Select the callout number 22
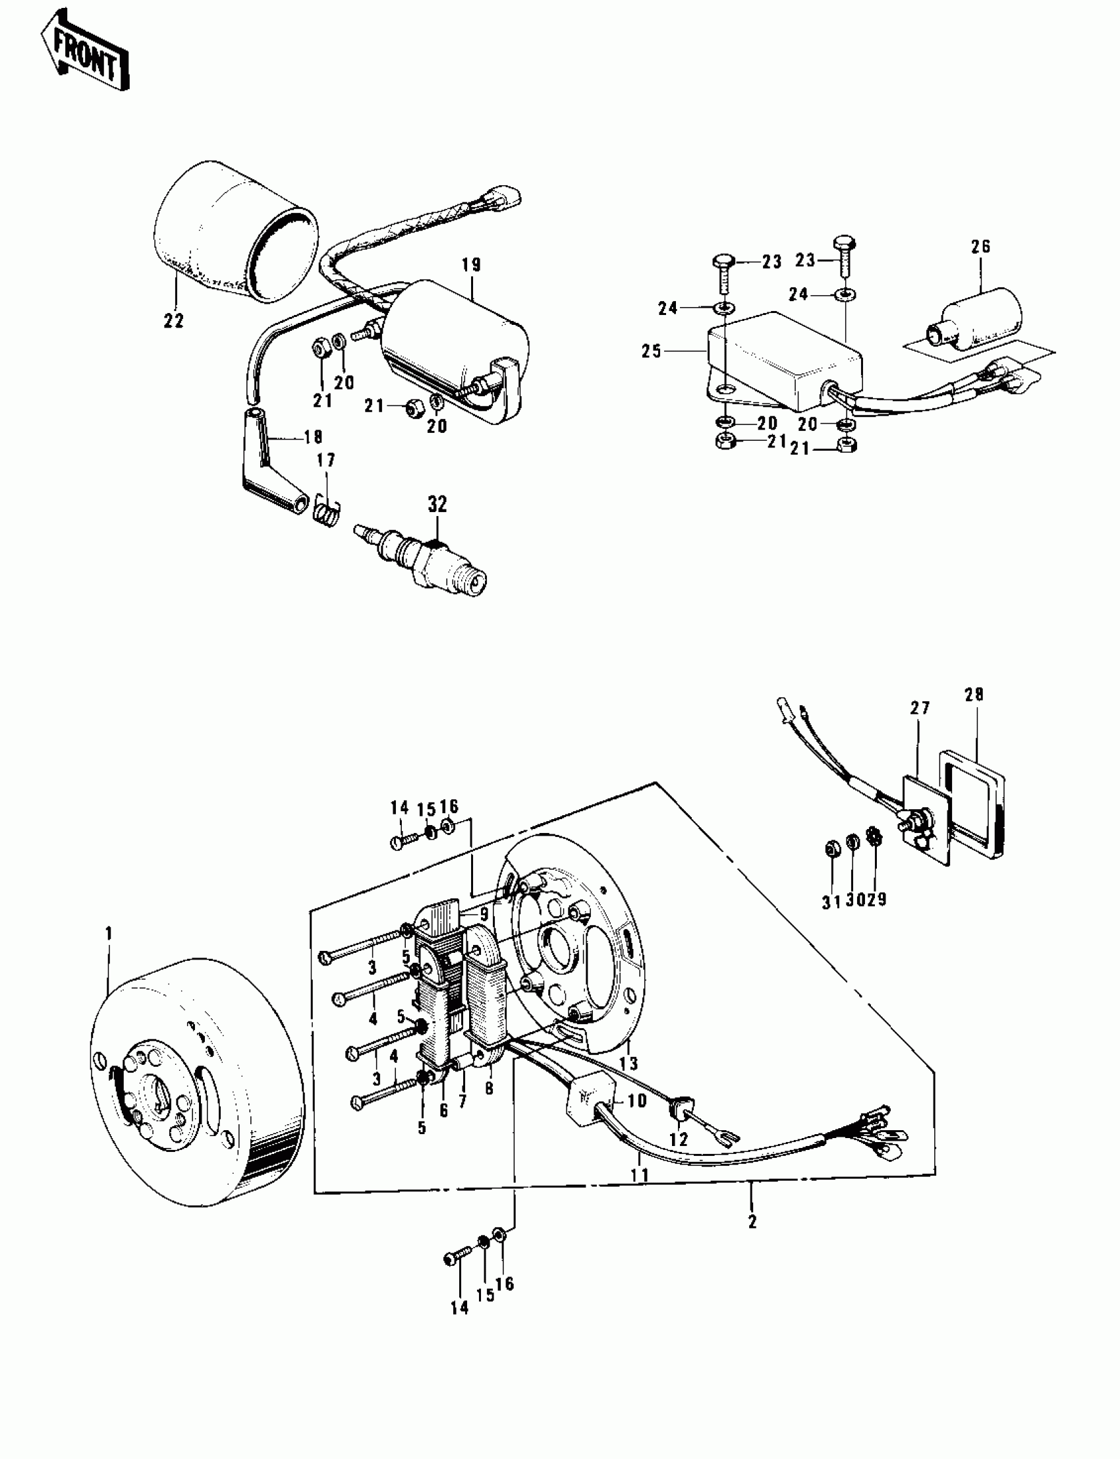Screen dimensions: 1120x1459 click(174, 320)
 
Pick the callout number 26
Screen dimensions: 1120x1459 click(981, 246)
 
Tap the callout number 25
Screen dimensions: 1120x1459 click(652, 351)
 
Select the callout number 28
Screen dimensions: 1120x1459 click(974, 695)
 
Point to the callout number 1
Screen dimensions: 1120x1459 click(109, 934)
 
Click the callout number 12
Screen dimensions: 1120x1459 click(678, 1140)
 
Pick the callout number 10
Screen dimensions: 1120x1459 click(636, 1101)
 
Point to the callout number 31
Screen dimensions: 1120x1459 click(830, 900)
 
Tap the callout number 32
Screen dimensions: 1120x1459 click(437, 504)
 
